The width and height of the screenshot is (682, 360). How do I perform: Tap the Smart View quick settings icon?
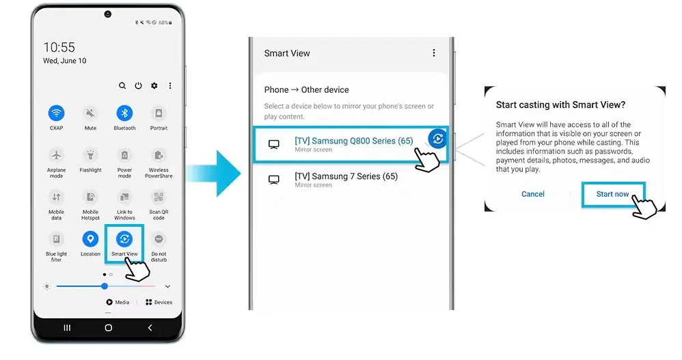click(124, 239)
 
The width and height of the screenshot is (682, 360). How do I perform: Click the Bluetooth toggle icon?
click(124, 113)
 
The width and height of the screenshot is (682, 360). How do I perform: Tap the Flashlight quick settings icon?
click(90, 155)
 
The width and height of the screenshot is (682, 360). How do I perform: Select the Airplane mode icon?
click(56, 155)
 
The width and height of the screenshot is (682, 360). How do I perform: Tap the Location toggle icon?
click(90, 239)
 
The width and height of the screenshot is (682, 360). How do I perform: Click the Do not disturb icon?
click(159, 239)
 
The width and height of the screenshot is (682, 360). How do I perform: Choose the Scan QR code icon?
click(159, 197)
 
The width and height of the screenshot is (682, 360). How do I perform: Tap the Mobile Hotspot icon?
click(90, 197)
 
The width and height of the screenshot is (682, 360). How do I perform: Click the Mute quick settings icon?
click(90, 113)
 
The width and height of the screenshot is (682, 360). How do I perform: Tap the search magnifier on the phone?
click(122, 86)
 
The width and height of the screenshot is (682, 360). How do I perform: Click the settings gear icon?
click(154, 86)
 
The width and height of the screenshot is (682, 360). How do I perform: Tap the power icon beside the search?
click(138, 86)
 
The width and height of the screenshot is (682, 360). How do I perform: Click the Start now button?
click(612, 194)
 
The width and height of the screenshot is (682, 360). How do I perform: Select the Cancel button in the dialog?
click(533, 194)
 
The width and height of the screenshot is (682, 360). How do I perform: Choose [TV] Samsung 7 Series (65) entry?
click(346, 176)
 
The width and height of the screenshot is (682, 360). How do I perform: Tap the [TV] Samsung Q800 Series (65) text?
click(353, 141)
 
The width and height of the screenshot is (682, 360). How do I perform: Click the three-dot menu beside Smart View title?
click(433, 53)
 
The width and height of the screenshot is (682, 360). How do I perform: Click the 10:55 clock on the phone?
click(59, 47)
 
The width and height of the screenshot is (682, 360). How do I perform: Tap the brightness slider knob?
click(105, 286)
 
